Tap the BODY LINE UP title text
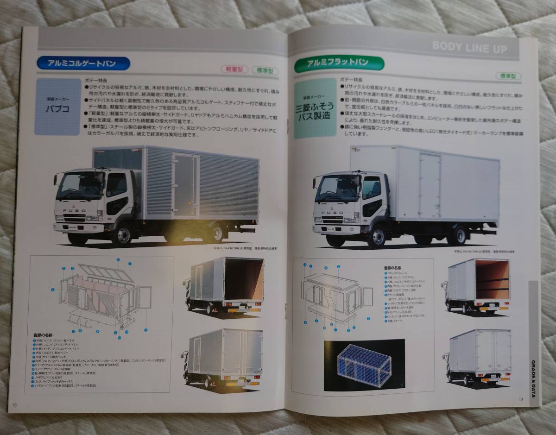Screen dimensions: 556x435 coord(469,47)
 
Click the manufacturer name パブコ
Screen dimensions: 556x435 coord(57,110)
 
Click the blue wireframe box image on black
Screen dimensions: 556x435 coord(364,364)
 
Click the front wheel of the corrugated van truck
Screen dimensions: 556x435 coord(123,234)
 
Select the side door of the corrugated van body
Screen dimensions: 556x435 coord(185,185)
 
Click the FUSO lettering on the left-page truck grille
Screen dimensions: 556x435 coord(75,211)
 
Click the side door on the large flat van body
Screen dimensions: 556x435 coord(430,186)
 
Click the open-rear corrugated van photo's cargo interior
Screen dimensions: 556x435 coord(249,280)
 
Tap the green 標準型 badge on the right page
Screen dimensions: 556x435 coord(508,76)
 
